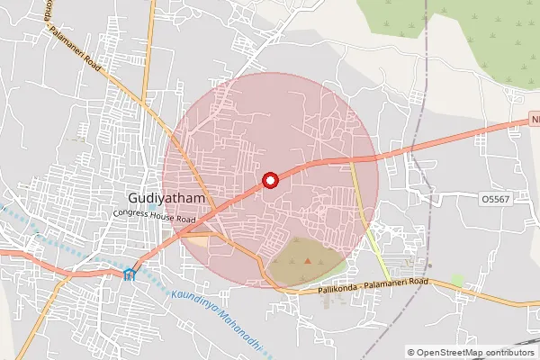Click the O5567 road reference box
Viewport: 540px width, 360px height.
tap(496, 198)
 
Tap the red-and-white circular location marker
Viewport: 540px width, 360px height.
tap(269, 181)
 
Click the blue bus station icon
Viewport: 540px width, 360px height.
tap(130, 274)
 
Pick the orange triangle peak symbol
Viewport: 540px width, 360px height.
tap(308, 261)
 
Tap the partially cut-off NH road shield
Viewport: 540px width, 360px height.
tap(533, 118)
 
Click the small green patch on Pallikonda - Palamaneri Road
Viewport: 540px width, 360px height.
tap(457, 281)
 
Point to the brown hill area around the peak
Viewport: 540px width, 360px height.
tap(301, 263)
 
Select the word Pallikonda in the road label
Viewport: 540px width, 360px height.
tap(341, 289)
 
